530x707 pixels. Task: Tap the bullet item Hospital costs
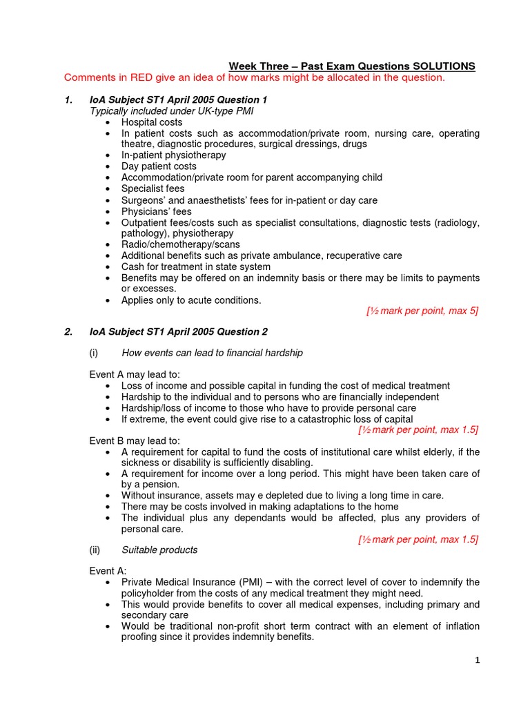point(152,122)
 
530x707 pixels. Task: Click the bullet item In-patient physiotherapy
point(173,155)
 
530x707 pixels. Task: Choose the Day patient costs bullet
point(159,166)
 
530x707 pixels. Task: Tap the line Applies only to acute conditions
point(191,300)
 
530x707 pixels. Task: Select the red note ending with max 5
point(422,311)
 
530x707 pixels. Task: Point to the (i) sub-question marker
point(95,353)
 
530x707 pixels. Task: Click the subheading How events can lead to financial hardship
point(212,353)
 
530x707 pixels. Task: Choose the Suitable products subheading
point(159,550)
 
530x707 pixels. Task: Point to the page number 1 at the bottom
point(477,661)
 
